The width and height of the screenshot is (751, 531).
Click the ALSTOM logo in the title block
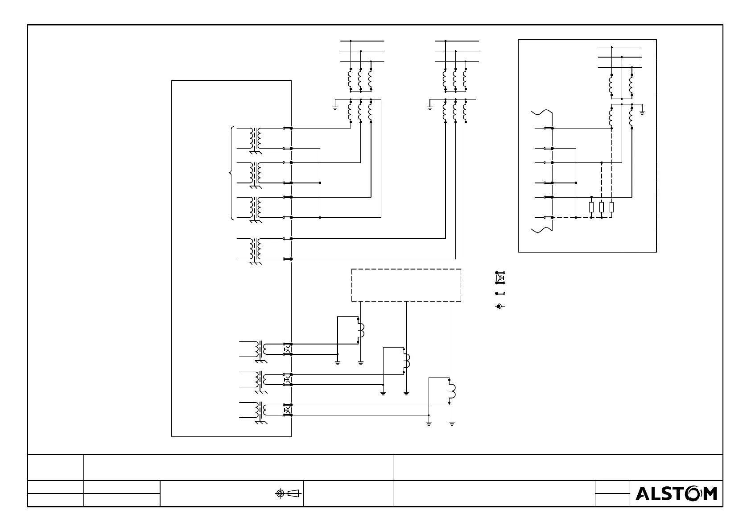pos(676,494)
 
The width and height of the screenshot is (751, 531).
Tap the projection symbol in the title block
pos(287,493)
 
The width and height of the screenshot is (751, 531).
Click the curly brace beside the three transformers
pos(231,173)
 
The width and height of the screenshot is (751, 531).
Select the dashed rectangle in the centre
pos(406,285)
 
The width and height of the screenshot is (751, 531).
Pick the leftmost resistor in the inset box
pos(591,207)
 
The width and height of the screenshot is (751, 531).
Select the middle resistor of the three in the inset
pos(602,207)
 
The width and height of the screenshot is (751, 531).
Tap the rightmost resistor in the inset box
pos(611,207)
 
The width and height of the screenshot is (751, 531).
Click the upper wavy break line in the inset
pos(542,112)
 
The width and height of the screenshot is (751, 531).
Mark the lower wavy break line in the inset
pos(542,230)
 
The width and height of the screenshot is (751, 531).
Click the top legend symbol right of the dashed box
pos(500,278)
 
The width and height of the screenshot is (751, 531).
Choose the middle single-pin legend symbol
pos(500,294)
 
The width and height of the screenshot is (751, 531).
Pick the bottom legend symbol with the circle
pos(499,306)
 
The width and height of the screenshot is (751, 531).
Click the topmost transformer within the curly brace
pos(256,138)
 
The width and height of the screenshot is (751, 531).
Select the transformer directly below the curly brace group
pos(256,249)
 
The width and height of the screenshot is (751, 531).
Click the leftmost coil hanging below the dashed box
pos(360,331)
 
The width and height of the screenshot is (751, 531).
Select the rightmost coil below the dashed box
pos(451,391)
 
